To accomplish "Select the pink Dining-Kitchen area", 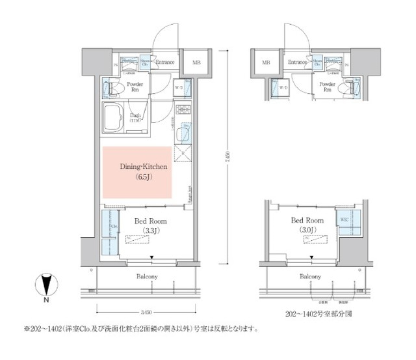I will [x=137, y=172].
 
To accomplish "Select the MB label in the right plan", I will [x=266, y=62].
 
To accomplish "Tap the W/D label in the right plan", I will [x=284, y=88].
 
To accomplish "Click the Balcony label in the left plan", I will [x=147, y=276].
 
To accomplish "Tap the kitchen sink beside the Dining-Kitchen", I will [x=182, y=134].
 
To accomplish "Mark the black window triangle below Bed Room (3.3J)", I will [x=152, y=258].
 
